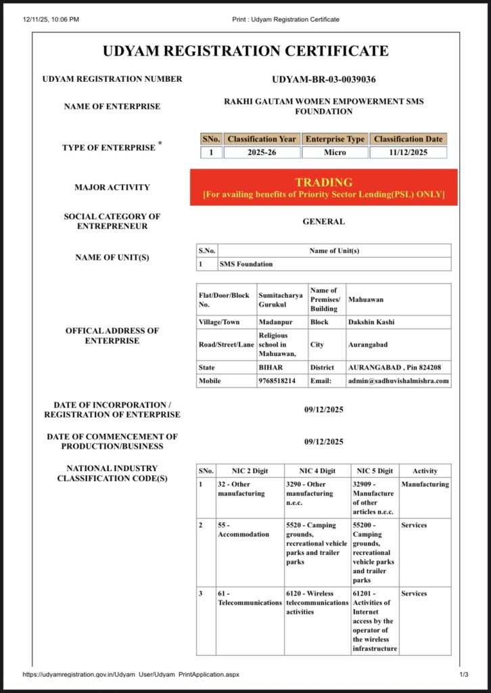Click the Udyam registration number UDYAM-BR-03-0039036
(x=323, y=79)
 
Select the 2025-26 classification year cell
(x=262, y=152)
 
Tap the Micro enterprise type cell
(x=335, y=152)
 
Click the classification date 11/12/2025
(x=408, y=152)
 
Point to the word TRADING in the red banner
(x=323, y=182)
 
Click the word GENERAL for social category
(x=323, y=221)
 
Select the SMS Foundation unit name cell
(x=246, y=264)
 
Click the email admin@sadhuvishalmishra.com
(x=398, y=381)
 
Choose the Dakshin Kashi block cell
(x=371, y=322)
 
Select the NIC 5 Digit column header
(x=375, y=470)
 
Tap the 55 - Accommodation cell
(x=234, y=529)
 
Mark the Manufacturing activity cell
(x=425, y=485)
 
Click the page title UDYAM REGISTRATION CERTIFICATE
(x=245, y=51)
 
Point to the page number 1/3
(x=464, y=675)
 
